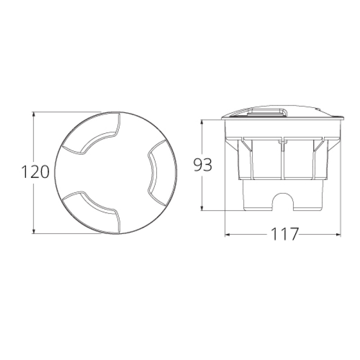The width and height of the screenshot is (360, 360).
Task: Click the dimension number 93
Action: tap(202, 165)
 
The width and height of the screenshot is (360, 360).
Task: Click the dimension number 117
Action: tap(284, 234)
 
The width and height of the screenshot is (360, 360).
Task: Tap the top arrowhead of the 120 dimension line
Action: tap(34, 114)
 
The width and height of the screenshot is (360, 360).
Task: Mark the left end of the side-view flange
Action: tap(223, 119)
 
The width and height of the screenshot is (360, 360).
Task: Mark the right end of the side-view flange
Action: tap(343, 119)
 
